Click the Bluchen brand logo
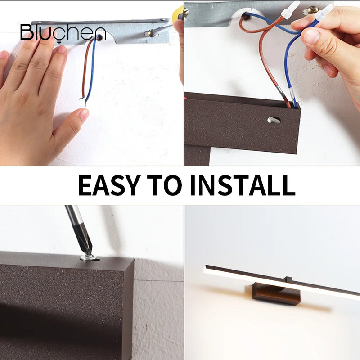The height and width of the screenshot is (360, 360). click(63, 32)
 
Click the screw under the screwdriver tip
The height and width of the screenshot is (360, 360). click(88, 257)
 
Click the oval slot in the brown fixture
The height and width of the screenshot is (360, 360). click(274, 120)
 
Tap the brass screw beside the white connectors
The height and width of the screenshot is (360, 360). click(312, 10)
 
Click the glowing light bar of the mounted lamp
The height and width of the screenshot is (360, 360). click(279, 281)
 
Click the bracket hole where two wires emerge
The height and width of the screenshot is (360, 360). click(97, 38)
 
